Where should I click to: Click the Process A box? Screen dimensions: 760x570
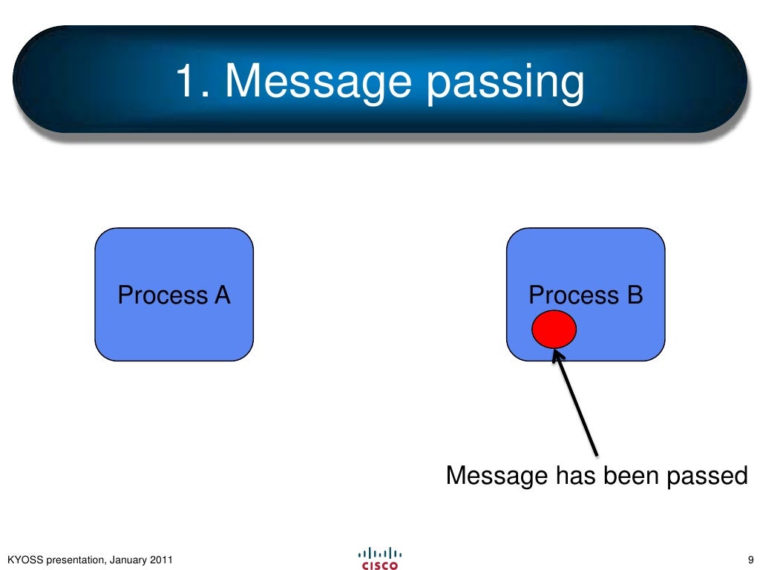click(174, 327)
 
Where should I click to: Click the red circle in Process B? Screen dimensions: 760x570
click(554, 329)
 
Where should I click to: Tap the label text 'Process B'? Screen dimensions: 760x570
click(586, 295)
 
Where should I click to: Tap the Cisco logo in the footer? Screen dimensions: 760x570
click(379, 558)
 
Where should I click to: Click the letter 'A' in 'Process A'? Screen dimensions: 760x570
click(222, 295)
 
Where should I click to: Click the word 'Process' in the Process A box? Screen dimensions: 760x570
click(163, 295)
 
